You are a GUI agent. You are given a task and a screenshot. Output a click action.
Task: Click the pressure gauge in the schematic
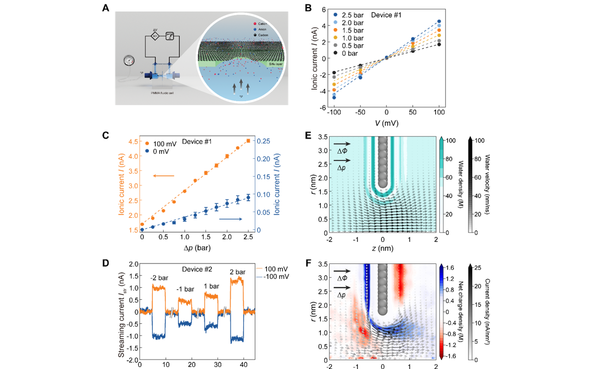point(129,60)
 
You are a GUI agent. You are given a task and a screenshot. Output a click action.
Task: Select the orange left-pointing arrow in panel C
point(164,177)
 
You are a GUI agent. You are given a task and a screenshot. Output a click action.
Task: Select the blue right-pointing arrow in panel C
point(230,219)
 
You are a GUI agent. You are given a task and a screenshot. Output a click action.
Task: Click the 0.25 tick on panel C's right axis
point(263,141)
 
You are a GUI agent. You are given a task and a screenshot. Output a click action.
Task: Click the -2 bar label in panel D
point(158,277)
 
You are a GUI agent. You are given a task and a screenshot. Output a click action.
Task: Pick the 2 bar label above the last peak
point(237,271)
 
